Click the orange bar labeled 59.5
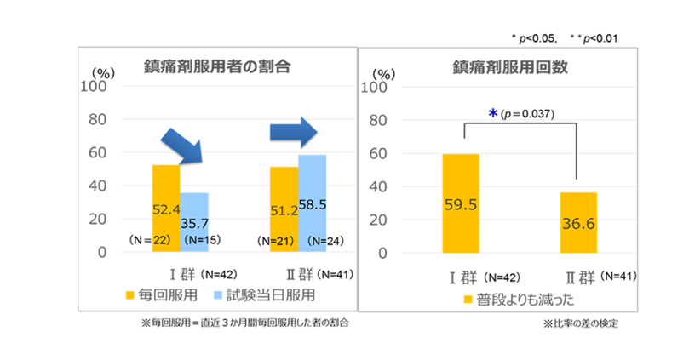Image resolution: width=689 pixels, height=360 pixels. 460,203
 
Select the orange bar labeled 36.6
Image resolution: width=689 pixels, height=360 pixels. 578,222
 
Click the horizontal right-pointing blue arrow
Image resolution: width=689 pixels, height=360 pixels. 293,132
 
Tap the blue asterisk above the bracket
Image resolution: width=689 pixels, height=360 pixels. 492,114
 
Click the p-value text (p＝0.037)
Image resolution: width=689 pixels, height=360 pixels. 527,114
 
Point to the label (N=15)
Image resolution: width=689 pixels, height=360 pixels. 201,242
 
